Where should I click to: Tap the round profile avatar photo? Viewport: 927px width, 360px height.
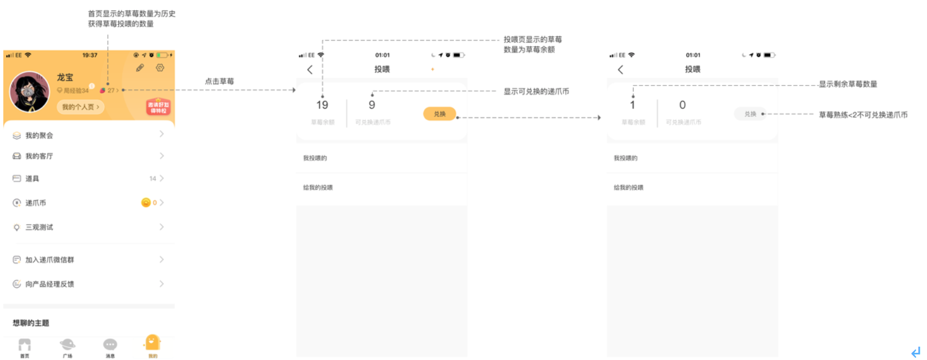[x=29, y=92]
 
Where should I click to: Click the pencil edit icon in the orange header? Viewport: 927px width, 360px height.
[x=140, y=68]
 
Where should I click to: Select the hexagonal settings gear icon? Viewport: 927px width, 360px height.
[x=160, y=67]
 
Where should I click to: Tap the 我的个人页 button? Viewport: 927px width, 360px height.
[x=80, y=107]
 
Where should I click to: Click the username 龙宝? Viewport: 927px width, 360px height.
[x=65, y=77]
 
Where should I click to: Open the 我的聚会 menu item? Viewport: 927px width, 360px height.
[x=39, y=135]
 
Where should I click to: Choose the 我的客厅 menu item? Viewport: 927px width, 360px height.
[x=39, y=156]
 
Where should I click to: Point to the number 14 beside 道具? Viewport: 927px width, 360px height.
[x=152, y=178]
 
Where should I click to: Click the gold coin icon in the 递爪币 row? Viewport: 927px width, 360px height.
[x=146, y=203]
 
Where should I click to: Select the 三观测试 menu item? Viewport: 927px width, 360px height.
[x=39, y=227]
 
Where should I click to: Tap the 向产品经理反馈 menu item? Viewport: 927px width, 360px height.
[x=50, y=284]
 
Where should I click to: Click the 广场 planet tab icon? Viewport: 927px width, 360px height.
[x=67, y=345]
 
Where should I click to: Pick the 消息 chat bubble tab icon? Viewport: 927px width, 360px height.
[x=110, y=345]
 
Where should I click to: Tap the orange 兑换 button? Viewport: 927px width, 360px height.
[x=439, y=114]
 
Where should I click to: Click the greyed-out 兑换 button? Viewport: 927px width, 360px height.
[x=750, y=114]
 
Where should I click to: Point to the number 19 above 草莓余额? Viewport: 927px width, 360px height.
[x=322, y=105]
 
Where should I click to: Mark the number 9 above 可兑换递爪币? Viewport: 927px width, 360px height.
[x=372, y=105]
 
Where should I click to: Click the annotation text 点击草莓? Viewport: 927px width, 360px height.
[x=219, y=81]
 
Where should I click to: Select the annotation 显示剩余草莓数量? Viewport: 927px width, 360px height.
[x=847, y=84]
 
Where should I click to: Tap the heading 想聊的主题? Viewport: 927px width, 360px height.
[x=31, y=323]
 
